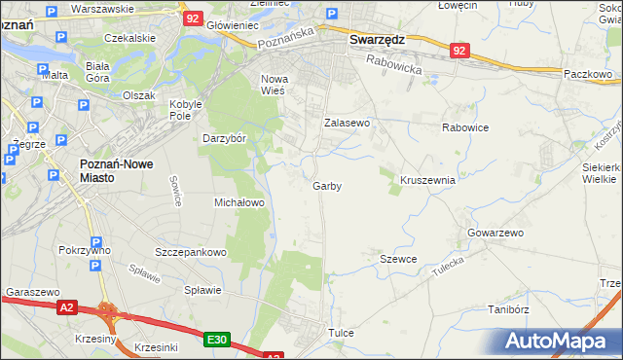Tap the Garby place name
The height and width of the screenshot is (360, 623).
(x=327, y=186)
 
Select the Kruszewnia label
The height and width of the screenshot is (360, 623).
(x=427, y=180)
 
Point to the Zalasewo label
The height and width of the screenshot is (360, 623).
(x=348, y=124)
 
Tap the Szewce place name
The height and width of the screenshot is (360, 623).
(x=398, y=259)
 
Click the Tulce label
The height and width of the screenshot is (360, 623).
(x=341, y=333)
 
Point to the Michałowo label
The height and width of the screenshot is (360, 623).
(x=239, y=202)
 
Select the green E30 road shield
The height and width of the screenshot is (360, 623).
(x=217, y=340)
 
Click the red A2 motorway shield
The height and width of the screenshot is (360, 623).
(x=66, y=307)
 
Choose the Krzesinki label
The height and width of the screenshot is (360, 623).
(x=157, y=347)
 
